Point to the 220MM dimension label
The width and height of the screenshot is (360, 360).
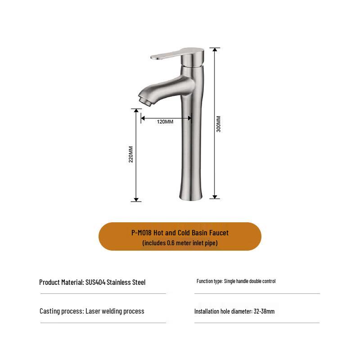[x=131, y=154]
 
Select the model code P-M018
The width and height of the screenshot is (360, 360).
[x=141, y=233]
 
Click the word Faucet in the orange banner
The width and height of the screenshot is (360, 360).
[x=218, y=233]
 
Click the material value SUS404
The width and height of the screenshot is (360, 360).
[x=95, y=283]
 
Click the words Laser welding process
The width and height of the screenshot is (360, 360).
[x=115, y=311]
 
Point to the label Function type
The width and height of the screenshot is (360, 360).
[x=209, y=281]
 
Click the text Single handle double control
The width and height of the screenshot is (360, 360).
[x=250, y=281]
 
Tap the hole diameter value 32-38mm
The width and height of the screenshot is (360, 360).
[x=264, y=311]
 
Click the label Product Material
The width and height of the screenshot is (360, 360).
[x=61, y=283]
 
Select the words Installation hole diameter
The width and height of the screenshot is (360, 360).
[x=223, y=311]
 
